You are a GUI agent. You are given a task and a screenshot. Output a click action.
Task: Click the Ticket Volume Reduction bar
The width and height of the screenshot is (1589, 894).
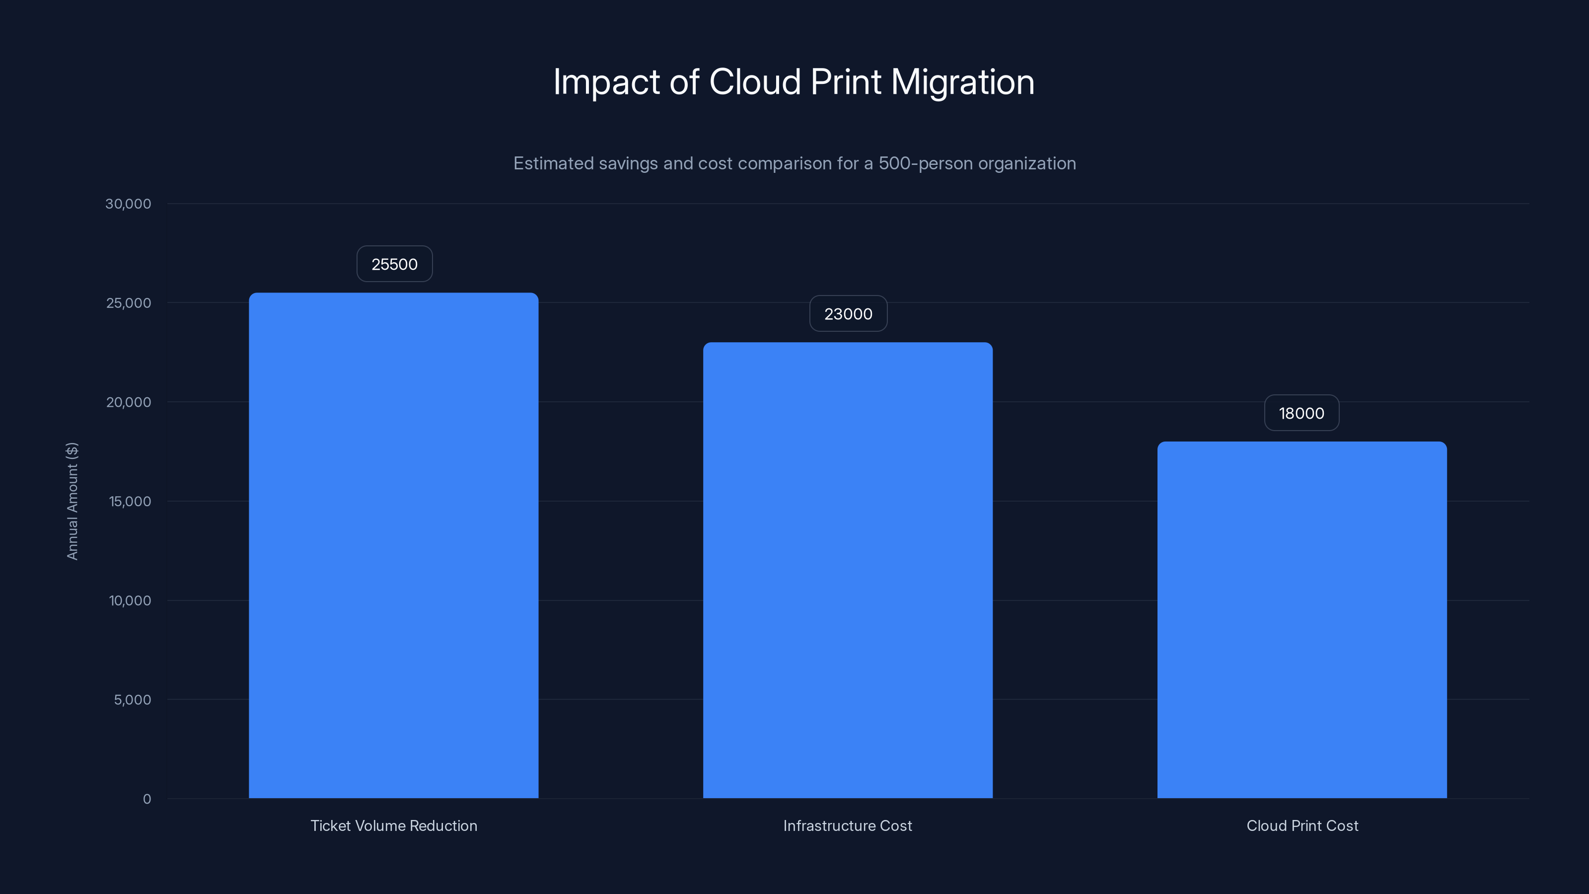394,545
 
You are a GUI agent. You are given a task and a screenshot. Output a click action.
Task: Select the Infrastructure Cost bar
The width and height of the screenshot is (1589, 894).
848,570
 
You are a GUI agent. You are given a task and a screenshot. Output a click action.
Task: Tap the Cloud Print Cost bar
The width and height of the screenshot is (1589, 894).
1301,619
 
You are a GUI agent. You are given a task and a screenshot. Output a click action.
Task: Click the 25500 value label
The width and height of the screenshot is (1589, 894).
394,264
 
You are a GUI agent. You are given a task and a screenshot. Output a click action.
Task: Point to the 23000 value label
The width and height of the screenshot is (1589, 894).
848,314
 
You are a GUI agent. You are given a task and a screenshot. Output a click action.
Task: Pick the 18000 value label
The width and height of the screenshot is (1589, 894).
1301,413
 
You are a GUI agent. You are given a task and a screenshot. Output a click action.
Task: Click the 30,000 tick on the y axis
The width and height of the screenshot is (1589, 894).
128,204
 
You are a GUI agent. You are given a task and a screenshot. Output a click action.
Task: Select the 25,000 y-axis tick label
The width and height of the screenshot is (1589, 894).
128,303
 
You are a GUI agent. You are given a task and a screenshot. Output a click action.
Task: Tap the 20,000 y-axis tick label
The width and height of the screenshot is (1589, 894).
128,402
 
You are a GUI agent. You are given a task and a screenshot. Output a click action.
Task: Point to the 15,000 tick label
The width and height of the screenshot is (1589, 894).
130,502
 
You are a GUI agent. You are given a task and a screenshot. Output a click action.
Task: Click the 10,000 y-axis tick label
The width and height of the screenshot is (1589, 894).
130,601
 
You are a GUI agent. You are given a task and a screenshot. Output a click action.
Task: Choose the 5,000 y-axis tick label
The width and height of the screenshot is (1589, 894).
132,700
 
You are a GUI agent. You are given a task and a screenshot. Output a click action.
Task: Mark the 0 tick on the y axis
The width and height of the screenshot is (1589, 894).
147,799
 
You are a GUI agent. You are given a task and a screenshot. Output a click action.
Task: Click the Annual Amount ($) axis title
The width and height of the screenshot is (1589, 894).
72,501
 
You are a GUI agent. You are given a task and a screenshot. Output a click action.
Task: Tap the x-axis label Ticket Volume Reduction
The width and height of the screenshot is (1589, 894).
394,825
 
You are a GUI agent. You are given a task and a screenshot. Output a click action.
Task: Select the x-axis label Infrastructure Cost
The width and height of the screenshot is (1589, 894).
848,825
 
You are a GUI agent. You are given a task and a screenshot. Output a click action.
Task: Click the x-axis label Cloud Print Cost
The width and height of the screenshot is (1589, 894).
1302,825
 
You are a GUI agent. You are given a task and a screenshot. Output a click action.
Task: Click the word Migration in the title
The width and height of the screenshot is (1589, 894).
962,82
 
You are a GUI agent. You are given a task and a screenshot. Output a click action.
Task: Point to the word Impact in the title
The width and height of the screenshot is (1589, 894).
606,82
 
